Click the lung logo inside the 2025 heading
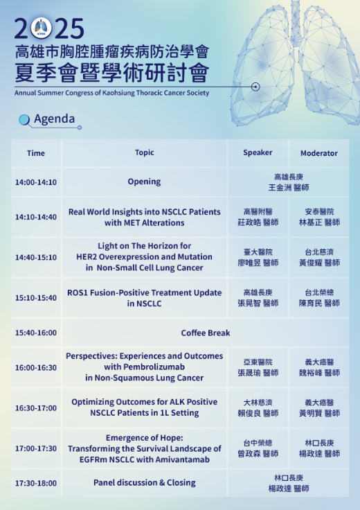coord(42,28)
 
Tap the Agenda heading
coord(55,118)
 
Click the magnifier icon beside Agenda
coord(24,120)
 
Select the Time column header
coord(36,153)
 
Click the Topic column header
coord(144,152)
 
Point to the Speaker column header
coord(258,152)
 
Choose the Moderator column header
coord(319,153)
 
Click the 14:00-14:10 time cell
coord(36,182)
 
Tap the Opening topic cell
coord(144,182)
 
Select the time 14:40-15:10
coord(36,257)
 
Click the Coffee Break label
coord(206,333)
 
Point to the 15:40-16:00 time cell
coord(36,333)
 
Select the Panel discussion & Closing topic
coord(144,483)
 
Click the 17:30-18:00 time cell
coord(36,484)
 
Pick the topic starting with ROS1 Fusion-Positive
coord(144,298)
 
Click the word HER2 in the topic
coord(87,257)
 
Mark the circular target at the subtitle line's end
coord(255,87)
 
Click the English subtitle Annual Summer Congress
coord(111,93)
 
